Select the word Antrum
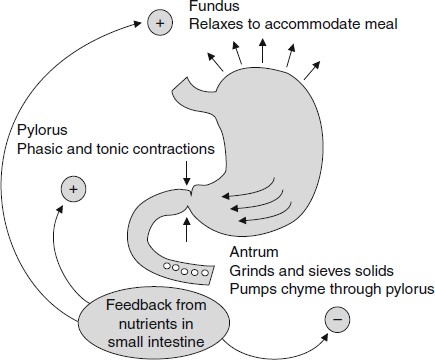(x=252, y=252)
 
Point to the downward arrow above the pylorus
(x=187, y=172)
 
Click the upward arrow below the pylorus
(x=187, y=229)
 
